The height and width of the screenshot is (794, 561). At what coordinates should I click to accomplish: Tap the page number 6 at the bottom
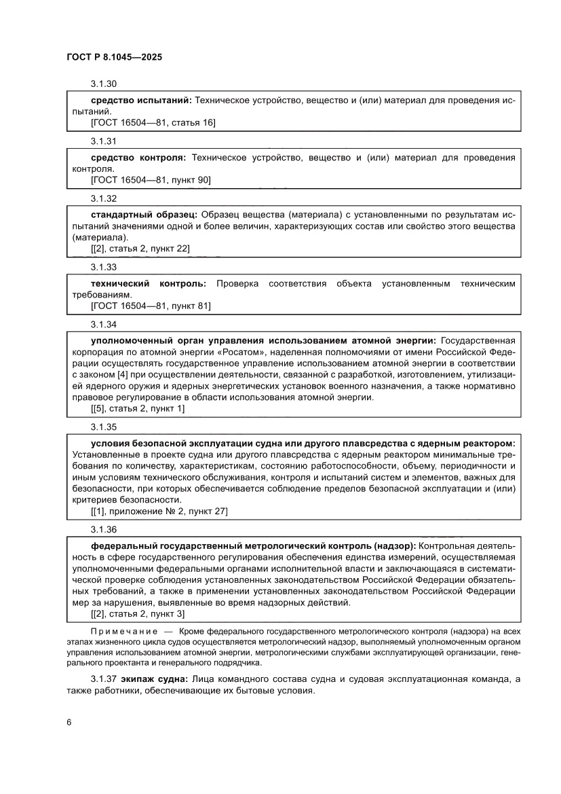pos(69,721)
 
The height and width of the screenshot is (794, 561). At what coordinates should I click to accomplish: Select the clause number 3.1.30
pos(104,84)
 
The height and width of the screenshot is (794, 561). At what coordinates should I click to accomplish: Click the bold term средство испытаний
pos(141,101)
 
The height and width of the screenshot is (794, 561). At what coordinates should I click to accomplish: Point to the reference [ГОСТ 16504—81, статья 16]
pos(153,122)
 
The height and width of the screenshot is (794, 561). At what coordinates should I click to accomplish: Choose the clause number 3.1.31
pos(104,141)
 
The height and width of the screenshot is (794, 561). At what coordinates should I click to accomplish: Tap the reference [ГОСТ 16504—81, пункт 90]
pos(151,179)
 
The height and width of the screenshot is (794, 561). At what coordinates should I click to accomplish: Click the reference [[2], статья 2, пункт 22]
pos(140,249)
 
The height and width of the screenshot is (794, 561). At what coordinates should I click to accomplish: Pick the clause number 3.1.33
pos(104,267)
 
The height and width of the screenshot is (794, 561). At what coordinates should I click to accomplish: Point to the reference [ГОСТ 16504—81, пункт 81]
pos(151,306)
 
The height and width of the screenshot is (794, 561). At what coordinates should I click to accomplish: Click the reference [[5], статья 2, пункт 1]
pos(138,408)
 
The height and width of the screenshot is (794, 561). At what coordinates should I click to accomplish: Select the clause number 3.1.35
pos(104,427)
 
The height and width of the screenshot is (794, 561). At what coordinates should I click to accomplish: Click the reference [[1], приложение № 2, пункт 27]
pos(159,511)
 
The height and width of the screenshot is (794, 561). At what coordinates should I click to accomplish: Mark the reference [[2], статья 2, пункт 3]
pos(138,613)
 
